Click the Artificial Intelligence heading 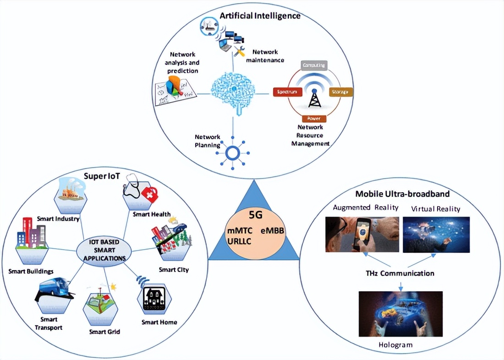click(x=260, y=16)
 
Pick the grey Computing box click(x=314, y=65)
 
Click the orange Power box click(x=314, y=118)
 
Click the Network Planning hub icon click(x=233, y=152)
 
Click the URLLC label click(x=239, y=241)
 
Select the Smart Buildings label click(x=31, y=271)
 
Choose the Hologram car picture click(x=400, y=314)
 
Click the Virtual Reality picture click(x=436, y=234)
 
